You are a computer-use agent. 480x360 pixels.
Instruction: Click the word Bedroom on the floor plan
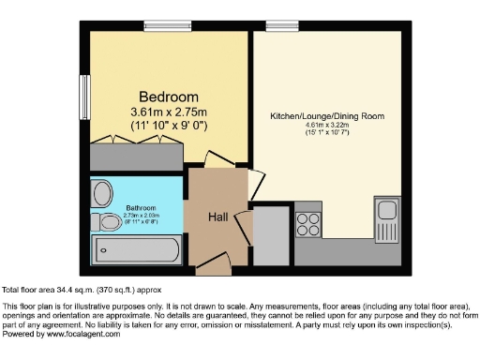click(169, 97)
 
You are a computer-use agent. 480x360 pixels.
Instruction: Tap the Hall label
click(217, 217)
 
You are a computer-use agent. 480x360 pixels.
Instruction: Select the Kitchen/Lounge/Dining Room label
click(327, 115)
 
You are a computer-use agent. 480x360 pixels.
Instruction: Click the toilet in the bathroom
click(103, 222)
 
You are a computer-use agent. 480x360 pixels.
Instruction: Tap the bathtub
click(137, 250)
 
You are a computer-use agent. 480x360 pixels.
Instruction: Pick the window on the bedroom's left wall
click(84, 97)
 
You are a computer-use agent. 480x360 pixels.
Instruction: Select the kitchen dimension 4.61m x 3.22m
click(327, 126)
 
